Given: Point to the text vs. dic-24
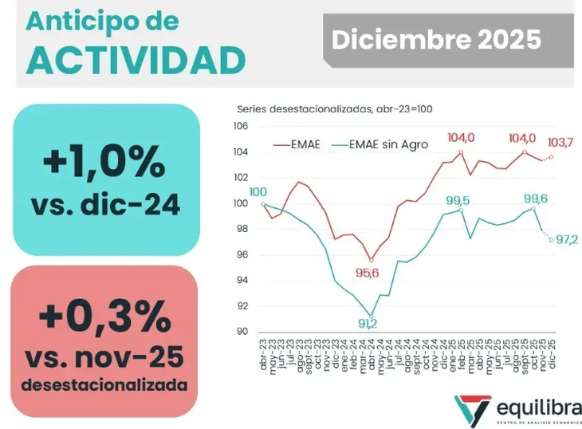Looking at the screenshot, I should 105,205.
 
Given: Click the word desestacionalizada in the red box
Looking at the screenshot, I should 104,385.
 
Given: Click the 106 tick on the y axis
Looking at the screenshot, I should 240,127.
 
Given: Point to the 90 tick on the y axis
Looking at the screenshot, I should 242,332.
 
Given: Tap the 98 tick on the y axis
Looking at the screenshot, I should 242,230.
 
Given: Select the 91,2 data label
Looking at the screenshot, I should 368,324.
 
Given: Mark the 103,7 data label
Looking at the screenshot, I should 560,142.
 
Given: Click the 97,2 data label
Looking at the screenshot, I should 567,240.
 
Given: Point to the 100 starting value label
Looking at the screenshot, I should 258,192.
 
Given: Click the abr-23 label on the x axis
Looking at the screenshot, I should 262,352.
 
